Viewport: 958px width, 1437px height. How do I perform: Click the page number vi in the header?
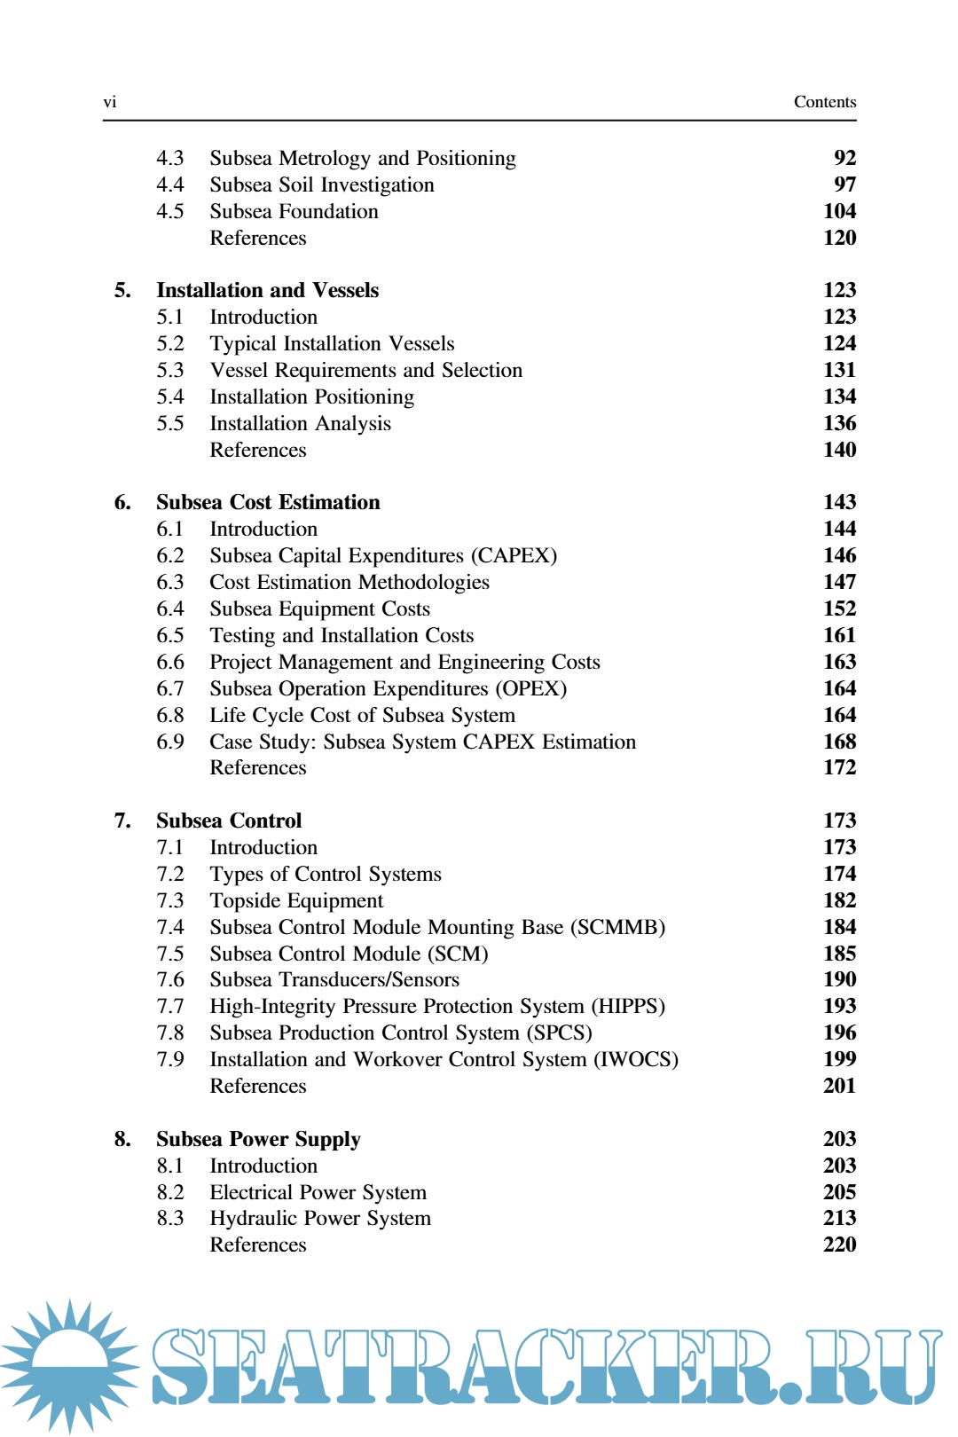[x=110, y=102]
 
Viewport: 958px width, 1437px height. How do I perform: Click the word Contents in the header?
[x=824, y=102]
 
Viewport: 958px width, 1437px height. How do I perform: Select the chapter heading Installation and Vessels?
[x=267, y=290]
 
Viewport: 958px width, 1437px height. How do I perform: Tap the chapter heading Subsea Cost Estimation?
[x=268, y=502]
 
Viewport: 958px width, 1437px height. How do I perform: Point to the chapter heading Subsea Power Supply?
[x=258, y=1139]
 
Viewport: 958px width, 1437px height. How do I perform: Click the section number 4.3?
[x=169, y=158]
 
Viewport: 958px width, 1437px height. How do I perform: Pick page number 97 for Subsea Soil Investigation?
[x=844, y=185]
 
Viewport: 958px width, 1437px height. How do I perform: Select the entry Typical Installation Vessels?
[x=332, y=343]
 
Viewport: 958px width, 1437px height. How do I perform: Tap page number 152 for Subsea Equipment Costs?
[x=839, y=609]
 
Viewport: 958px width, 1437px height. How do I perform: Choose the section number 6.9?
[x=169, y=742]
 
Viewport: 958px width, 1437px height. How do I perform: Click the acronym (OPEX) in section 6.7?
[x=531, y=688]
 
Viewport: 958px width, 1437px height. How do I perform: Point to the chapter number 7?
[x=122, y=821]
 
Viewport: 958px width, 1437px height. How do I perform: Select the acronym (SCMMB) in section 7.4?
[x=617, y=927]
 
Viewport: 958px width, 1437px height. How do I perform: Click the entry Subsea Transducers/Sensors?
[x=334, y=979]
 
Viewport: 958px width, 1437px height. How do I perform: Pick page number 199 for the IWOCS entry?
[x=839, y=1059]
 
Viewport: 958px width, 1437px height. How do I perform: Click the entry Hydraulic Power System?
[x=320, y=1218]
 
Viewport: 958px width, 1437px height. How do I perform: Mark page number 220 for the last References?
[x=839, y=1245]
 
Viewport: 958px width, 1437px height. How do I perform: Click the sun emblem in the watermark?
[x=70, y=1364]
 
